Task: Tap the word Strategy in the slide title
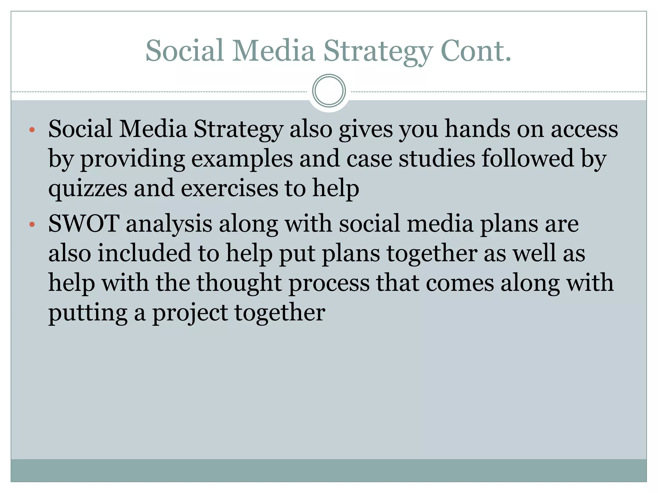point(378,51)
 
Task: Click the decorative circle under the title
point(329,91)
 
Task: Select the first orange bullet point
point(31,130)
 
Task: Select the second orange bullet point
point(31,225)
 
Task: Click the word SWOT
point(84,223)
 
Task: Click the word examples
point(242,159)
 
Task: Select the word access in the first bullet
point(584,129)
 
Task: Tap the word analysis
point(169,224)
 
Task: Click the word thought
point(239,283)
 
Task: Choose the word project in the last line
point(190,313)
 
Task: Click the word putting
point(88,313)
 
